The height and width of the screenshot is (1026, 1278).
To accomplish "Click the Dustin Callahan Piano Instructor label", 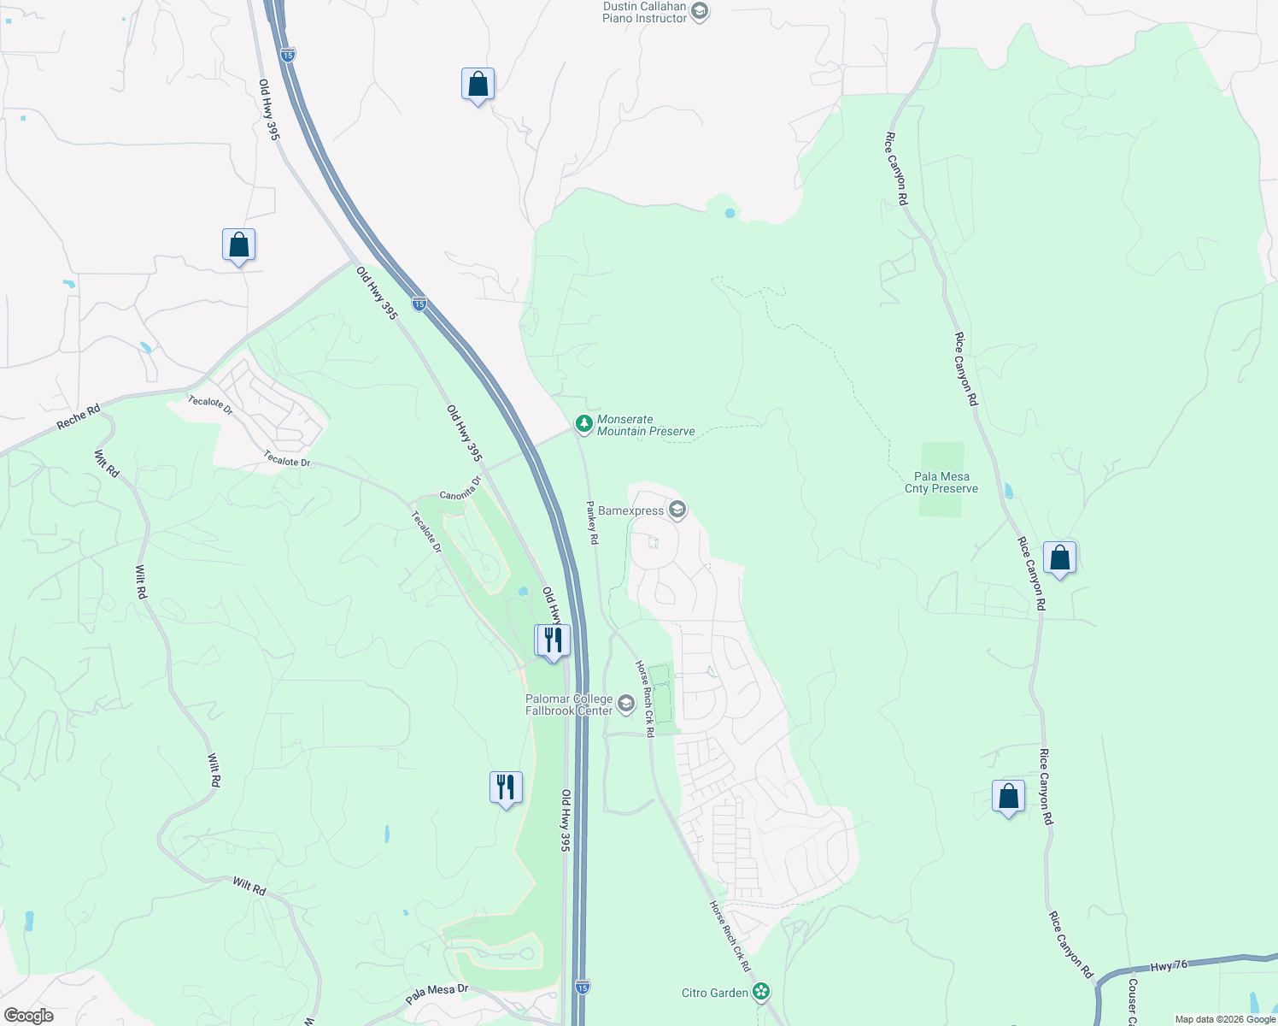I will click(x=644, y=12).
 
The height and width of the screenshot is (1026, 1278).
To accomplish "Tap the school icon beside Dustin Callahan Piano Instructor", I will click(x=700, y=12).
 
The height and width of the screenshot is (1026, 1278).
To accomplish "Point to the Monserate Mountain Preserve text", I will click(x=646, y=425).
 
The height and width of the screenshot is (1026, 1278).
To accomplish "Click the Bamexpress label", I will click(x=630, y=511).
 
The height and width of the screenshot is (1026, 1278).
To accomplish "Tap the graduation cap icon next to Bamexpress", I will click(x=677, y=510).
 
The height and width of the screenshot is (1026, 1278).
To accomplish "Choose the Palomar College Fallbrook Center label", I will click(x=569, y=705).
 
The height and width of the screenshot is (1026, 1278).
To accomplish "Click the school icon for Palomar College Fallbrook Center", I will click(x=626, y=705).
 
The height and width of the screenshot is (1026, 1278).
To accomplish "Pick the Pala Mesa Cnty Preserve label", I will click(x=941, y=483).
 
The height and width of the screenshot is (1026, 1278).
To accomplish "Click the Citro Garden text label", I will click(x=715, y=993).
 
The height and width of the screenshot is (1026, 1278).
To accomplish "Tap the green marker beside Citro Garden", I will click(x=761, y=992).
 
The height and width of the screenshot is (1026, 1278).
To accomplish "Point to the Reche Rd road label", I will click(x=79, y=416).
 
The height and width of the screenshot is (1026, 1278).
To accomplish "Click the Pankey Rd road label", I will click(x=592, y=522).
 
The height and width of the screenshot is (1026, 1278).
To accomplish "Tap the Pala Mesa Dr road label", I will click(x=437, y=994).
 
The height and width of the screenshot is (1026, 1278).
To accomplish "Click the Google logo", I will click(x=28, y=1015).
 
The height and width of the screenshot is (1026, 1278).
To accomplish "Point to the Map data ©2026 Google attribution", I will click(x=1225, y=1019).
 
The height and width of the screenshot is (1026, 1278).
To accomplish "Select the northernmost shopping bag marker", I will click(x=478, y=85).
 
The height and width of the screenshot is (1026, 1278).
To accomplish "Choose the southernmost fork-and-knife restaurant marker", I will click(x=506, y=787).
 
